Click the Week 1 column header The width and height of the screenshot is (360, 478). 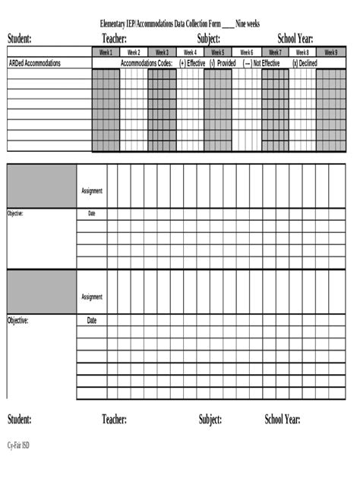106,52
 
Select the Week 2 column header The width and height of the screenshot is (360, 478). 134,52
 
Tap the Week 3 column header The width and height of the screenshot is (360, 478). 162,52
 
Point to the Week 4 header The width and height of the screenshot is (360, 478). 190,52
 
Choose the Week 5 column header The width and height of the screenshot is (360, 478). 218,52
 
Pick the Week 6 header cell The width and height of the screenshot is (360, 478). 246,52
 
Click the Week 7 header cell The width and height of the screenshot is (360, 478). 274,52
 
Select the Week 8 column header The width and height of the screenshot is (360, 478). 302,52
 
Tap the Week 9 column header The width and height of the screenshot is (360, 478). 330,52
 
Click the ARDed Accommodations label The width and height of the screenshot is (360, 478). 35,64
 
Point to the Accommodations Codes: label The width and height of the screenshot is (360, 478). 147,64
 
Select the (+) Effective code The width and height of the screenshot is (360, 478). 192,64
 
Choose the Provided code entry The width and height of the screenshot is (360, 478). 223,64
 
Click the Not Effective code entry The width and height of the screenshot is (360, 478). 262,64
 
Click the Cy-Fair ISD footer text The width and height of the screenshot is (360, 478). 20,445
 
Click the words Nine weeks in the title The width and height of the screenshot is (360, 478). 248,24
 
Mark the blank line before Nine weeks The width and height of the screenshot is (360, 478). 228,26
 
